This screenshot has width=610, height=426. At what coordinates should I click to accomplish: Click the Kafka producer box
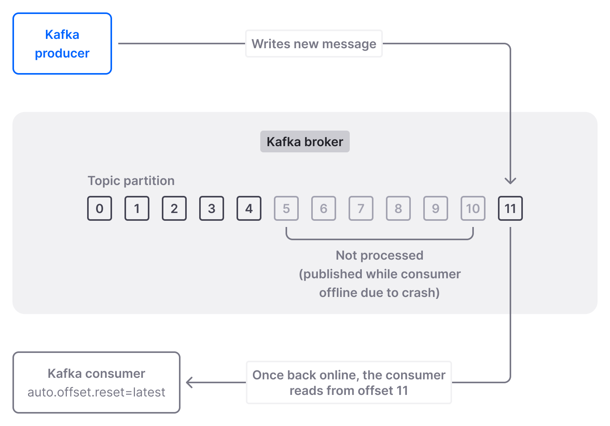pos(62,44)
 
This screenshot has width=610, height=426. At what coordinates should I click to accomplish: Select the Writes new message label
pos(314,44)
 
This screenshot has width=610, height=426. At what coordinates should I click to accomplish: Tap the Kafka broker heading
pos(305,141)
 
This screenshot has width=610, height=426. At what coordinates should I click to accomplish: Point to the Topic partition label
pos(131,181)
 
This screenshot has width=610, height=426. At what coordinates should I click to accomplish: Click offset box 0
pos(100,209)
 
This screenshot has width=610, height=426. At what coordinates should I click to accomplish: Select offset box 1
pos(137,209)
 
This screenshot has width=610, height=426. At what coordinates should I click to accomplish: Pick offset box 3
pos(212,209)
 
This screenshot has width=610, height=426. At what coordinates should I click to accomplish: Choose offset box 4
pos(249,209)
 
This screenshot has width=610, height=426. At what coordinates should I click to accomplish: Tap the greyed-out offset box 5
pos(286,209)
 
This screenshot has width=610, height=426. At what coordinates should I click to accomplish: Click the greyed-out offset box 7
pos(361,209)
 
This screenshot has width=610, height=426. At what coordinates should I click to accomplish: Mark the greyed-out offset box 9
pos(436,209)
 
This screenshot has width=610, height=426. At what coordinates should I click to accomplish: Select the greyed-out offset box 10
pos(473,209)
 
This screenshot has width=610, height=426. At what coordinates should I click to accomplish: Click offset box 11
pos(510,209)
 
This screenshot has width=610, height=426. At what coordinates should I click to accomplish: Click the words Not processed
pos(379,255)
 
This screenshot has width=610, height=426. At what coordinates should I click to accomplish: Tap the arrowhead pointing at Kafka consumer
pos(189,382)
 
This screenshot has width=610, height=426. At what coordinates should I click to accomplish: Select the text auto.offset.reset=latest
pos(96,392)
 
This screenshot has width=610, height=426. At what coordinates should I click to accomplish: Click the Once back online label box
pos(349,382)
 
